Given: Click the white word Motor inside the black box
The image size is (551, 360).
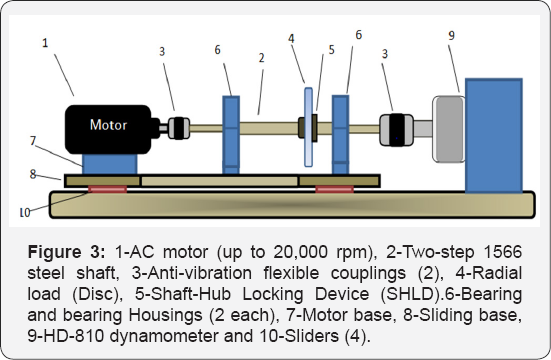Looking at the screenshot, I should click(x=109, y=126).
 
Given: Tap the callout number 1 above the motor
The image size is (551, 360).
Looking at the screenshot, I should click(x=43, y=44).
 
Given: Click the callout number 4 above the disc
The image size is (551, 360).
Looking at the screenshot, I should click(x=291, y=42).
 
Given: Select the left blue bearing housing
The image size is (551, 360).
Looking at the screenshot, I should click(x=232, y=133).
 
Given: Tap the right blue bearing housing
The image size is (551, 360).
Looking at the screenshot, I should click(x=341, y=133).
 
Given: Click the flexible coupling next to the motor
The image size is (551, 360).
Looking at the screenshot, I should click(x=179, y=127).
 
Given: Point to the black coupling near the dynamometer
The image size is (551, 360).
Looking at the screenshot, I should click(x=397, y=128).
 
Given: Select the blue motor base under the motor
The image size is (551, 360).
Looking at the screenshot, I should click(x=104, y=163).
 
